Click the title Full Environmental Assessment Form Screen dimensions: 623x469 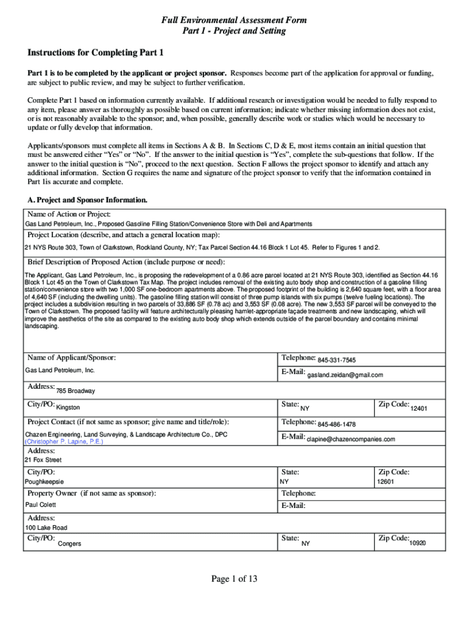234,21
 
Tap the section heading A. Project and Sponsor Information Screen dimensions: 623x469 88,200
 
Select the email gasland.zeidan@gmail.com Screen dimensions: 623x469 345,375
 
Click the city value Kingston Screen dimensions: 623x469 68,407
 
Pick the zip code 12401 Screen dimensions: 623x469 419,408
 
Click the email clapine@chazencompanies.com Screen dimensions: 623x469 351,439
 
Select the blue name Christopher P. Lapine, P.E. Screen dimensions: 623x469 64,442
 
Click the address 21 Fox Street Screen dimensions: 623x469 43,461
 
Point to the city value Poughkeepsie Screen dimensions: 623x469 44,482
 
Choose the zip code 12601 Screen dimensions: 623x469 386,482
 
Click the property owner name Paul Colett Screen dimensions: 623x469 40,505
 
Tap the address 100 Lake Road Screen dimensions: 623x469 46,527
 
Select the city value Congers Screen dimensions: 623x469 69,543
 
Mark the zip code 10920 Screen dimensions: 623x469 418,543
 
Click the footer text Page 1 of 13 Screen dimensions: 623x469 234,579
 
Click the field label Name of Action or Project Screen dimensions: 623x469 69,214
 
